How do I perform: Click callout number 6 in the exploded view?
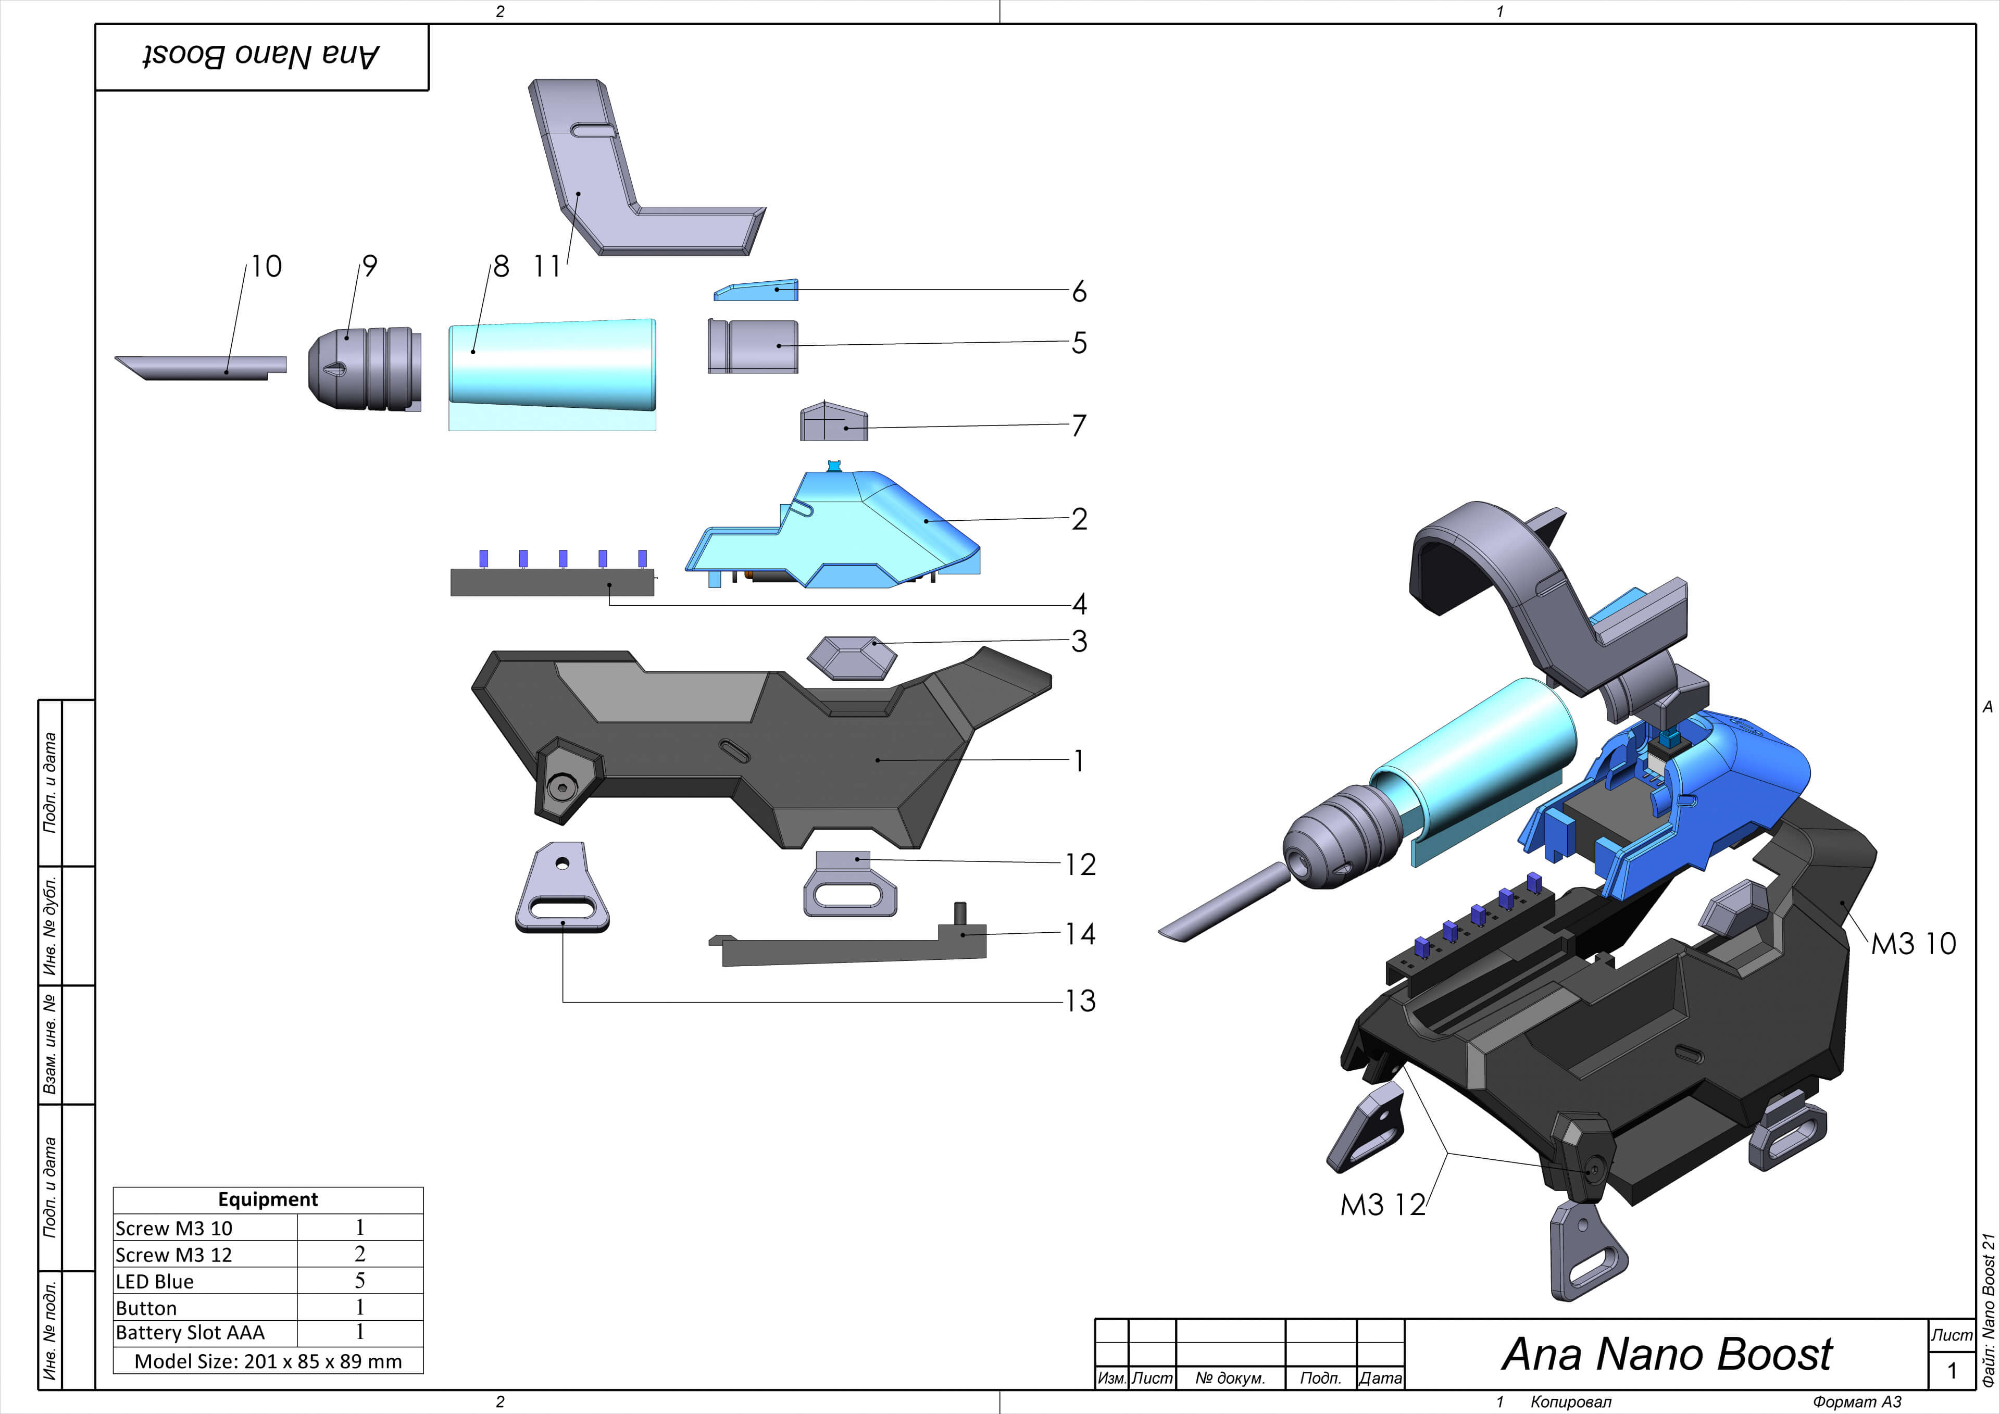click(x=1079, y=291)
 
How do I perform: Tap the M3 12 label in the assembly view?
click(x=1382, y=1205)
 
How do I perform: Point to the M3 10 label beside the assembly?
click(x=1913, y=944)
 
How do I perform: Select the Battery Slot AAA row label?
click(x=190, y=1332)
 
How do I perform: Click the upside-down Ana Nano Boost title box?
click(x=261, y=57)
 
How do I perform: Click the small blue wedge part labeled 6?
click(x=756, y=290)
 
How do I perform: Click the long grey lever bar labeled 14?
click(x=849, y=949)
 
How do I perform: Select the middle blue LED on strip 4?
click(x=562, y=558)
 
